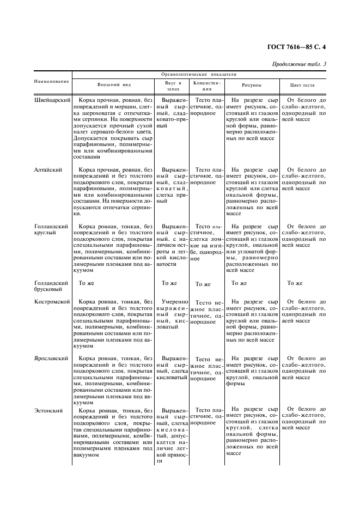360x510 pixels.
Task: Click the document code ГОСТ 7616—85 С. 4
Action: click(x=298, y=47)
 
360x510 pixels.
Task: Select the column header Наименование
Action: click(x=52, y=82)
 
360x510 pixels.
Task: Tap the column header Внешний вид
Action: click(x=114, y=85)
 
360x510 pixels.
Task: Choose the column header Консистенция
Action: click(x=206, y=85)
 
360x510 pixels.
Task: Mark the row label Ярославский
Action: click(x=51, y=359)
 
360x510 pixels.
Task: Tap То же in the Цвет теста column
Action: click(x=295, y=283)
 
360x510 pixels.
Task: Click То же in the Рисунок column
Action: click(x=239, y=283)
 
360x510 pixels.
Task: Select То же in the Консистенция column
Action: click(x=203, y=284)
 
